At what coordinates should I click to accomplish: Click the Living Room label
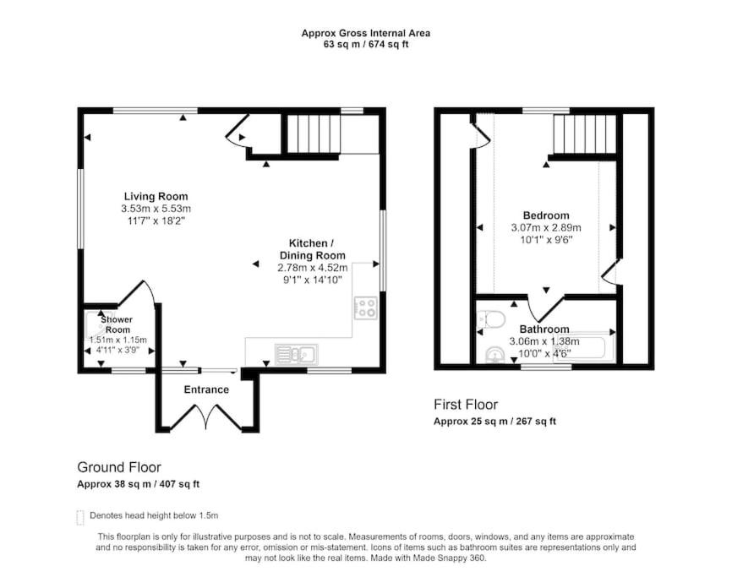click(x=156, y=196)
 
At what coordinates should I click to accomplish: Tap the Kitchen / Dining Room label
click(x=312, y=249)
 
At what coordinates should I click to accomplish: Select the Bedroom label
click(x=546, y=215)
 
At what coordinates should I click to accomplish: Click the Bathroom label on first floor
click(x=544, y=329)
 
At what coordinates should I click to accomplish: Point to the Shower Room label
click(x=117, y=324)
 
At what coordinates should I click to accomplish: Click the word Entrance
click(x=206, y=389)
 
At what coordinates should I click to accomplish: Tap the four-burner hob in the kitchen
click(x=365, y=308)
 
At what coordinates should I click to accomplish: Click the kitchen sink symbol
click(x=297, y=355)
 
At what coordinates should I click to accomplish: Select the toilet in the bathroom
click(x=492, y=320)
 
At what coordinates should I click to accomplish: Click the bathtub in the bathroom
click(x=584, y=346)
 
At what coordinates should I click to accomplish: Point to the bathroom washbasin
click(x=494, y=355)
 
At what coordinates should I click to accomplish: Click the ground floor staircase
click(x=312, y=133)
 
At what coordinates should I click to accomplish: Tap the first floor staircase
click(x=584, y=133)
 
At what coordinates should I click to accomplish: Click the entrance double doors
click(x=206, y=416)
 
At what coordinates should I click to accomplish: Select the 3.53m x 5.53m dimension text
click(x=156, y=209)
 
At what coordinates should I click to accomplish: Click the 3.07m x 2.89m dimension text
click(x=546, y=227)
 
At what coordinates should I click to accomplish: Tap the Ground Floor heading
click(x=119, y=467)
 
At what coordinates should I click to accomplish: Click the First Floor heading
click(x=466, y=405)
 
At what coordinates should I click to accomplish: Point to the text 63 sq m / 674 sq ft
click(x=366, y=44)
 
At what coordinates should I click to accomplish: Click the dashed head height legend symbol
click(x=80, y=517)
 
